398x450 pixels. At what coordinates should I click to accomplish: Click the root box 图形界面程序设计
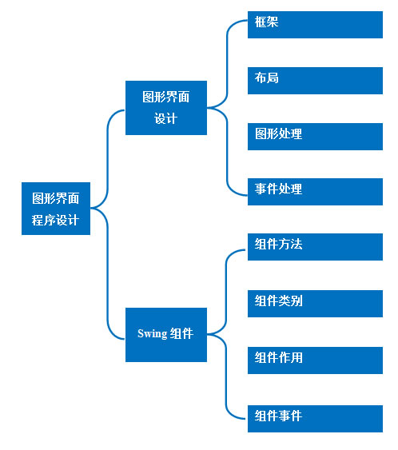[56, 209]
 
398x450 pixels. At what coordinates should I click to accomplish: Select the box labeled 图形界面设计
[166, 108]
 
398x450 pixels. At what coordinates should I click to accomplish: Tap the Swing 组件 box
[166, 335]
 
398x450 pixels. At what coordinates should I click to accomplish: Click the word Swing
[152, 334]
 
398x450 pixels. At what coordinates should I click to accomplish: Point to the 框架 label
[267, 22]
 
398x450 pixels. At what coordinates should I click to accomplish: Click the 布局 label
[267, 78]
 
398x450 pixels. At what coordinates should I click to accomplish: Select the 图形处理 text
[278, 133]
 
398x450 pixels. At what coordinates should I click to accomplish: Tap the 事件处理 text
[278, 189]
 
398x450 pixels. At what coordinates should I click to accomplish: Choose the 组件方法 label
[278, 245]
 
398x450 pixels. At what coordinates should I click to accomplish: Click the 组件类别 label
[278, 301]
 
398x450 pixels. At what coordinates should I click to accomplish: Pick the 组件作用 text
[278, 357]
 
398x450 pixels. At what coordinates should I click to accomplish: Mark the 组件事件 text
[278, 416]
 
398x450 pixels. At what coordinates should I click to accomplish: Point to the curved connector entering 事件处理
[227, 152]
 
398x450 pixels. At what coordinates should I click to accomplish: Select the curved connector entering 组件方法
[226, 293]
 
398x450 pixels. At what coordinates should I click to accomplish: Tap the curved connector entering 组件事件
[226, 376]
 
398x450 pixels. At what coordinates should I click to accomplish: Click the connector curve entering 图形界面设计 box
[108, 157]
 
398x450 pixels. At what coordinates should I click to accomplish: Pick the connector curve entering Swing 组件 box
[108, 273]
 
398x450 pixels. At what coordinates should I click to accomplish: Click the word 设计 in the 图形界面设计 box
[166, 118]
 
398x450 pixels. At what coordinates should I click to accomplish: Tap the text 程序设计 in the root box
[55, 220]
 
